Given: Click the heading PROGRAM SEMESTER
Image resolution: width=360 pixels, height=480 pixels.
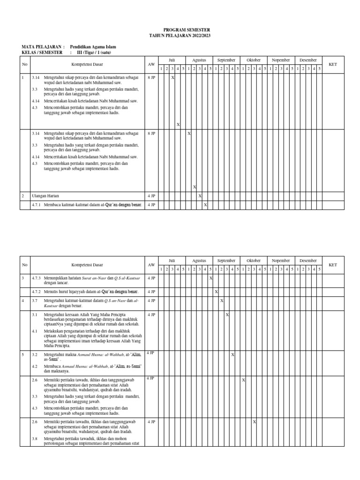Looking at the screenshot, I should point(180,30).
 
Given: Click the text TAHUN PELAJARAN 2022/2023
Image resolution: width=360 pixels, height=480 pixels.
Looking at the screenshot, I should point(180,35).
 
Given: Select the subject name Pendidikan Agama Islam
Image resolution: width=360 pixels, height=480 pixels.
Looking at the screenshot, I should point(93,47).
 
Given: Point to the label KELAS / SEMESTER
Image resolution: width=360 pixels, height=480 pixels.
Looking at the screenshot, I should point(42,52).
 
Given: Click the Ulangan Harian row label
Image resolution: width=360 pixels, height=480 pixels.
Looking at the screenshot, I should point(45,195).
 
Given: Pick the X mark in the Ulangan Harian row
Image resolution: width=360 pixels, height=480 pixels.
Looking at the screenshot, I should point(200,195).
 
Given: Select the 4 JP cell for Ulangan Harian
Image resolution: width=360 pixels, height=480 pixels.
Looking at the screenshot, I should point(151,195).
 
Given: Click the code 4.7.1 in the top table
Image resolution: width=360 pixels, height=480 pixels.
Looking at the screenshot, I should point(37,204).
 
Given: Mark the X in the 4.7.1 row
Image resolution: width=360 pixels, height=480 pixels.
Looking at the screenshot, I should point(205,204).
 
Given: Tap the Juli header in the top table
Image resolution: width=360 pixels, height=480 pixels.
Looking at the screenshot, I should point(172,60).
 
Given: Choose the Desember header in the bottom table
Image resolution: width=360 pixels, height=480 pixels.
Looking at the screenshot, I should point(308,260).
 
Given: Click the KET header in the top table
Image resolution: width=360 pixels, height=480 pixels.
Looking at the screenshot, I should point(333,64).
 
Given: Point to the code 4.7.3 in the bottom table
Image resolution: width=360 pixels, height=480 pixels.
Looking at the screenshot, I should point(37,278).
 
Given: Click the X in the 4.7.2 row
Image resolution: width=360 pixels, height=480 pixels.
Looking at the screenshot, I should point(216,292).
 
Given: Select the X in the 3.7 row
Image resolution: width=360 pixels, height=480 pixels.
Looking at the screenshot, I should point(222,300).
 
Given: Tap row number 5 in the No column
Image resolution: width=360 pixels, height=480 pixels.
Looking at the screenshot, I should point(22,354).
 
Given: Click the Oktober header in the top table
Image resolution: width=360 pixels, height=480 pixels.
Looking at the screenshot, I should point(254,60).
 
